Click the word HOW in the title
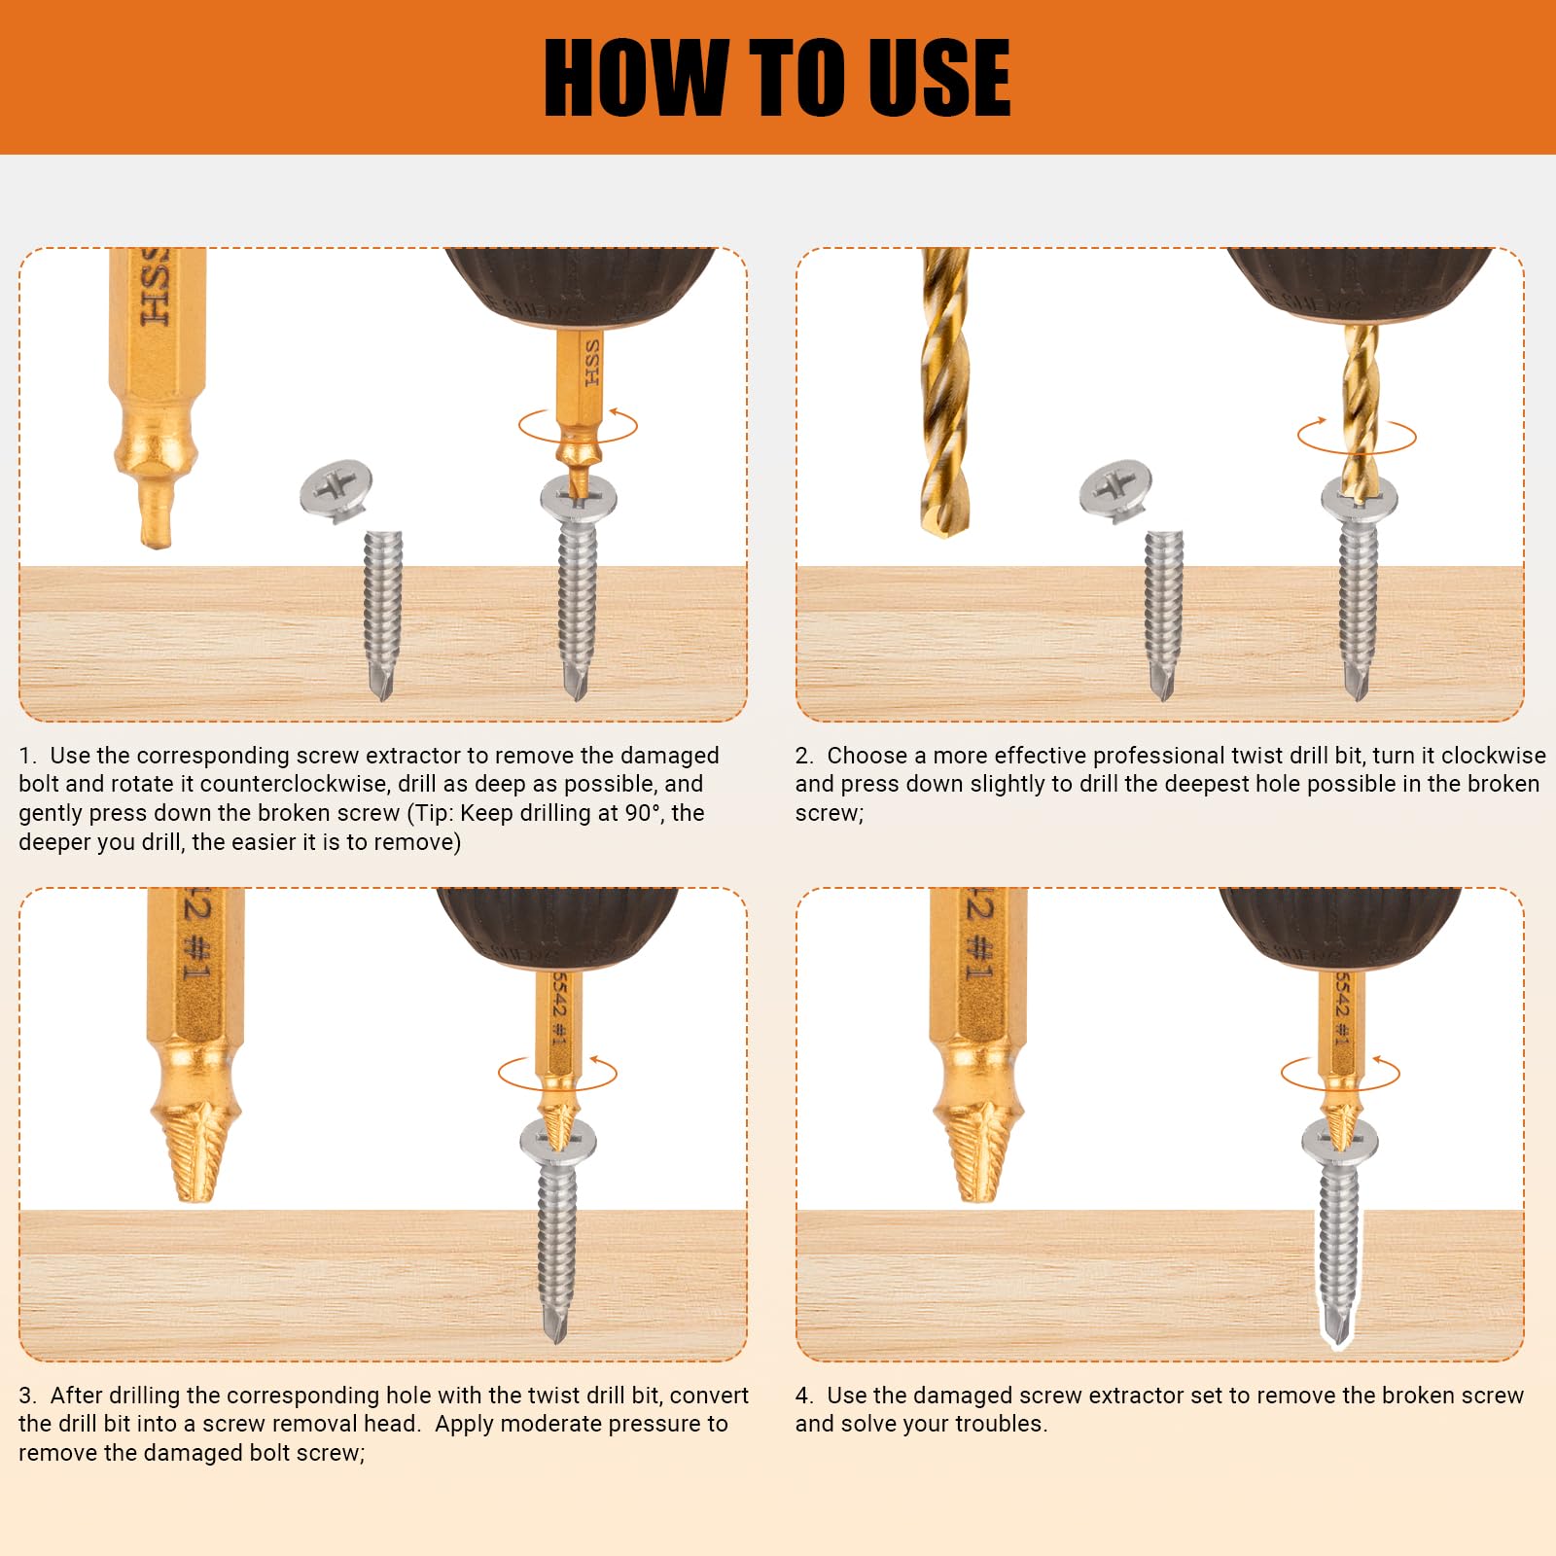coord(635,78)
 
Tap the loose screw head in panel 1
coord(336,491)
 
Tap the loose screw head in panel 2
coord(1115,491)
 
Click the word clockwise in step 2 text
coord(1494,756)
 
